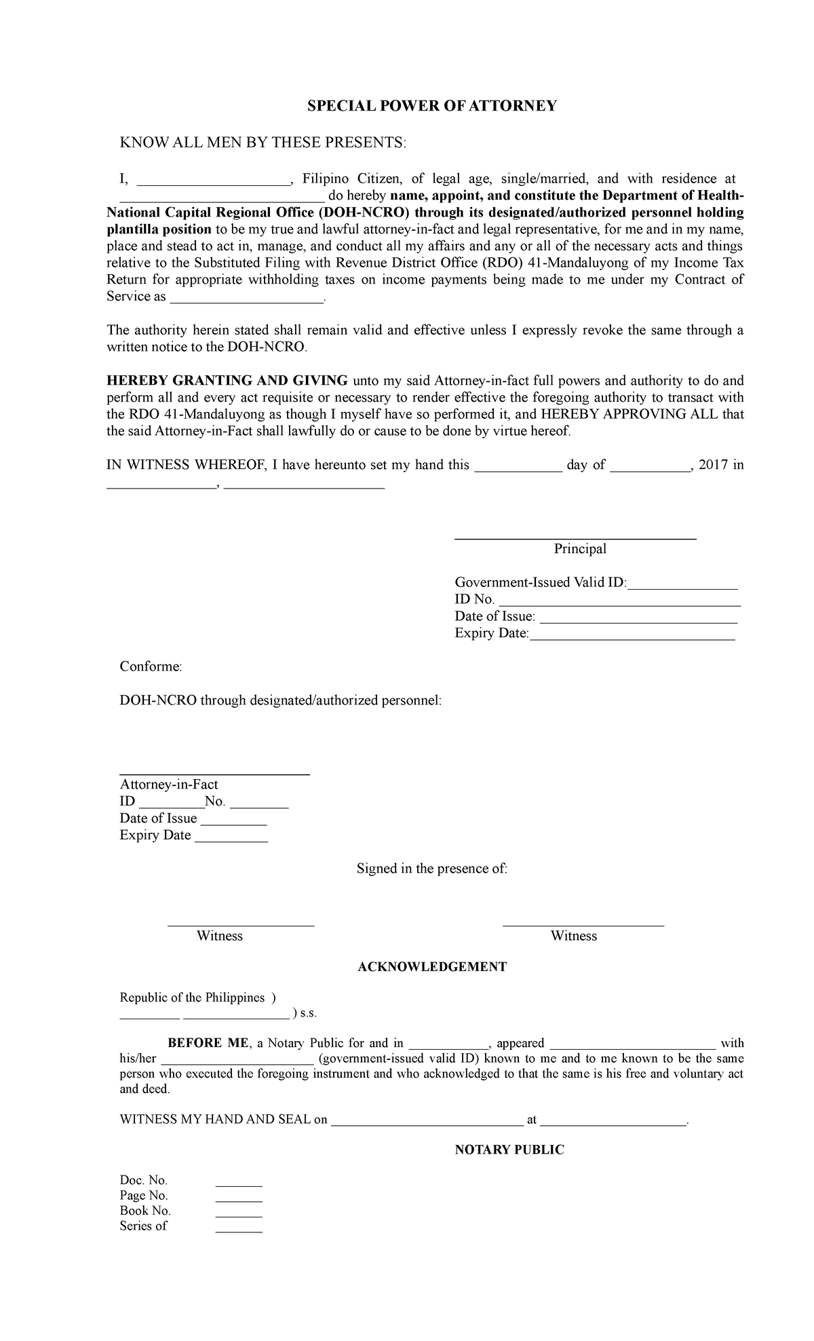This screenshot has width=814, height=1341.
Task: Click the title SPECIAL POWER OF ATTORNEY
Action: pos(432,106)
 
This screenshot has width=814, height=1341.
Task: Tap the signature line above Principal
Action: pos(575,537)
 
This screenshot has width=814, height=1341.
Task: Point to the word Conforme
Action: pos(151,666)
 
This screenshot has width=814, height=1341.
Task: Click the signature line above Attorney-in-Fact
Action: pos(214,773)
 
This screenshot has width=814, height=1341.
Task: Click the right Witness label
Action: pos(573,936)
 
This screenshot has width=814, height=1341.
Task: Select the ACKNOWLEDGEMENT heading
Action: pos(431,966)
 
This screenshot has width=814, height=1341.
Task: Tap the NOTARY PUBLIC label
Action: pos(509,1150)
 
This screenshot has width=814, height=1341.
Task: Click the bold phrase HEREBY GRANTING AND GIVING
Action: pos(227,380)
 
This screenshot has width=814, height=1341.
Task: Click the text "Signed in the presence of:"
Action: pos(431,869)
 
